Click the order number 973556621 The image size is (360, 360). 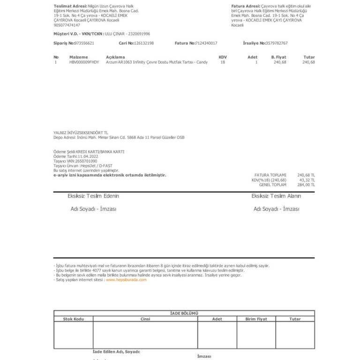pos(84,43)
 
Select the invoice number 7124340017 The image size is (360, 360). pos(206,43)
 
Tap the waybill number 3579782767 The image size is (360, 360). pos(277,43)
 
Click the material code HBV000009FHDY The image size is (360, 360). pos(84,62)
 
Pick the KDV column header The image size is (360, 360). pos(223,57)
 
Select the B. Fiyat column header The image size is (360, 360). pos(278,57)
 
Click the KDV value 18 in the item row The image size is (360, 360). pos(223,62)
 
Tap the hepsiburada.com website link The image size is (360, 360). pos(126,280)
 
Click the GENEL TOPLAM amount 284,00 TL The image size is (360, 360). pos(307,185)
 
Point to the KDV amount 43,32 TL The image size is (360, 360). pos(307,180)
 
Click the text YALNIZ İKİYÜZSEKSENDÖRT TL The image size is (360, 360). pos(81,133)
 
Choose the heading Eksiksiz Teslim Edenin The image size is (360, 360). pos(93,196)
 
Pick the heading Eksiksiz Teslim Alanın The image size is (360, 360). pos(276,196)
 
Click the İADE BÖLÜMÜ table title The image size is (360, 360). pos(184,313)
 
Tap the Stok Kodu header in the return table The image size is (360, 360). pos(73,319)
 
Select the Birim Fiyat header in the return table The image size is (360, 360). pos(256,319)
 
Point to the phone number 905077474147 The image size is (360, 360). pos(67,25)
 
